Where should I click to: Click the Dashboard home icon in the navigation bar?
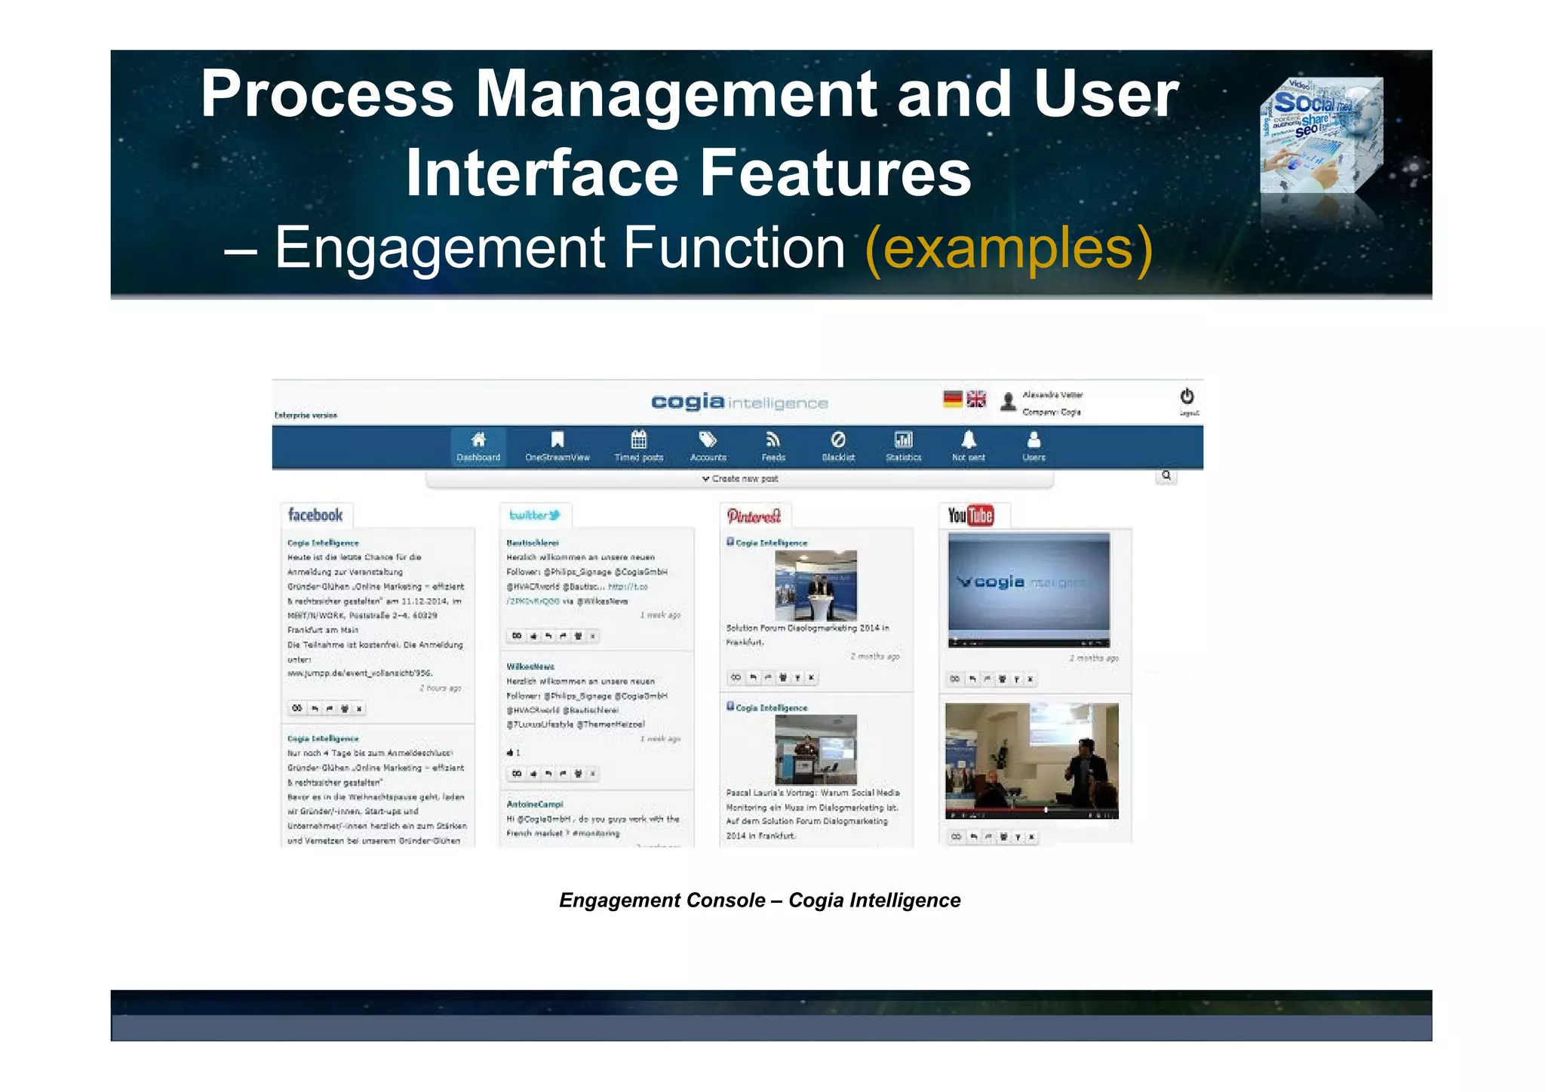pyautogui.click(x=478, y=440)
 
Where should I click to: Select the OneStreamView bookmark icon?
pyautogui.click(x=557, y=440)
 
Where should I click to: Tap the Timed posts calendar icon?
pyautogui.click(x=638, y=440)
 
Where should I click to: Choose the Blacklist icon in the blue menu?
pyautogui.click(x=838, y=440)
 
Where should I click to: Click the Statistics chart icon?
pyautogui.click(x=903, y=440)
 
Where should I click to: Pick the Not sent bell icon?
pyautogui.click(x=969, y=440)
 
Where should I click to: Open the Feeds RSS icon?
pyautogui.click(x=773, y=440)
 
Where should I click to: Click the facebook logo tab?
pyautogui.click(x=315, y=515)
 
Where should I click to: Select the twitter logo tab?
pyautogui.click(x=535, y=515)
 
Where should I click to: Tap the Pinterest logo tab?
pyautogui.click(x=754, y=516)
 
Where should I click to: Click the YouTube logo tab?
pyautogui.click(x=971, y=515)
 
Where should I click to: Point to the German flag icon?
pyautogui.click(x=953, y=399)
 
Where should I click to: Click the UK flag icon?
pyautogui.click(x=976, y=399)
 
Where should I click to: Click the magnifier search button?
pyautogui.click(x=1166, y=476)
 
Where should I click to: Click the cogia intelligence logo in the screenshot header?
pyautogui.click(x=739, y=402)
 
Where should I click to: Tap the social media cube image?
pyautogui.click(x=1321, y=136)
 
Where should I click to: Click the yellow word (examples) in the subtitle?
pyautogui.click(x=1009, y=248)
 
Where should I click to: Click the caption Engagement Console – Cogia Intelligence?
pyautogui.click(x=760, y=900)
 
